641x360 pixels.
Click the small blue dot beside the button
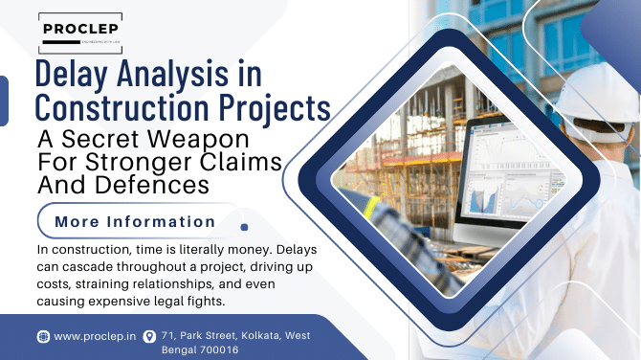coord(245,228)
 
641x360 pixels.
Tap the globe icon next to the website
coord(43,336)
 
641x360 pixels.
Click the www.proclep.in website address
coord(93,336)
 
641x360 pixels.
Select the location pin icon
coord(149,336)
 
